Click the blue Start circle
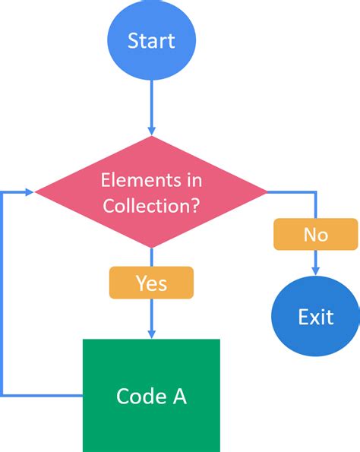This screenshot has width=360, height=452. (152, 40)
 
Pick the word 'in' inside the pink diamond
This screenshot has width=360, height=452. (193, 181)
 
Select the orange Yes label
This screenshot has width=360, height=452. (151, 283)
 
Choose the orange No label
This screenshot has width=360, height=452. (315, 234)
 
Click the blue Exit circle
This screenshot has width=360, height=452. (315, 315)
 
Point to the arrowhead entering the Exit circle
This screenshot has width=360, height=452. (315, 270)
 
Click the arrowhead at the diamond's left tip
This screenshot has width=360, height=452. (30, 191)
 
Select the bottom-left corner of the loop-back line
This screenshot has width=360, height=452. (5, 396)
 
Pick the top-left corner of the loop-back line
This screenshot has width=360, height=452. (5, 191)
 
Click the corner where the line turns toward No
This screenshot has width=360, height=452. (315, 191)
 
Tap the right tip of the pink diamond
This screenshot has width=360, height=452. (267, 191)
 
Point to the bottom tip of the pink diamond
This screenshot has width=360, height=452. (152, 248)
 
